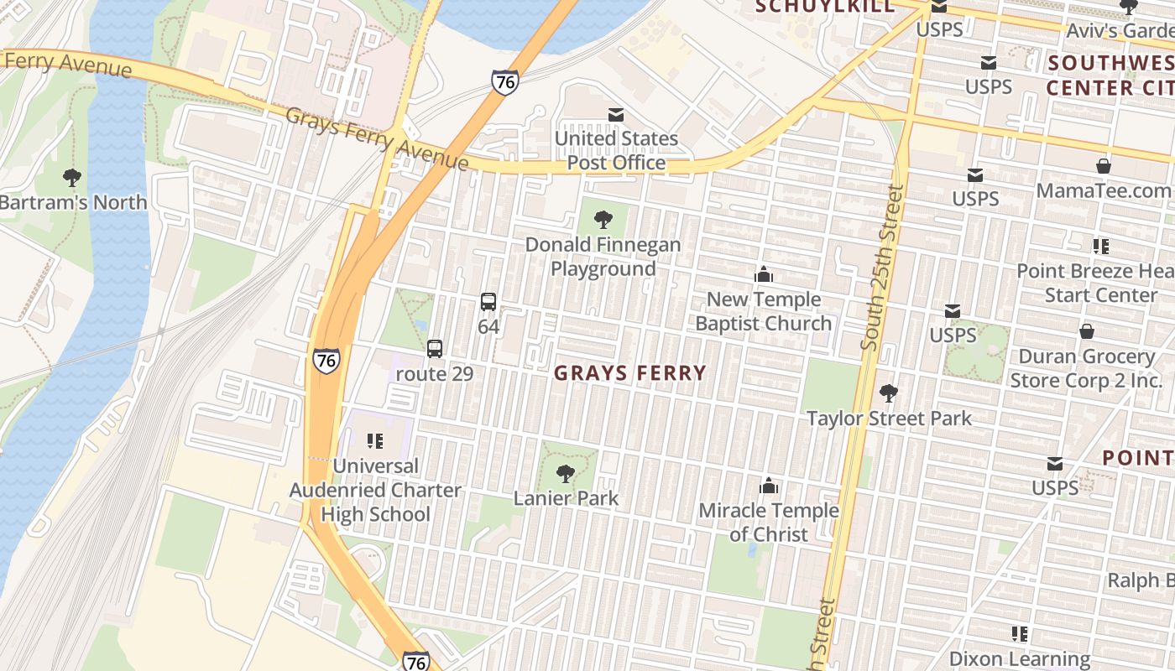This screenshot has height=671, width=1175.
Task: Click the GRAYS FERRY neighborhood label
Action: [x=630, y=373]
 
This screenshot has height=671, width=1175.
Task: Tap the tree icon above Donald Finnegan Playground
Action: [x=603, y=221]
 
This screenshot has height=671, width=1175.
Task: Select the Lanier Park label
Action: [x=566, y=497]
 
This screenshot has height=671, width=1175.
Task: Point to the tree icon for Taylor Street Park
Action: [x=888, y=393]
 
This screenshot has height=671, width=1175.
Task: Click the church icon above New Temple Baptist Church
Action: [x=763, y=275]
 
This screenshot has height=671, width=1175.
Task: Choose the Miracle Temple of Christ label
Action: [x=768, y=522]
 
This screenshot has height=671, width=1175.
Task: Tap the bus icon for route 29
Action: [x=434, y=349]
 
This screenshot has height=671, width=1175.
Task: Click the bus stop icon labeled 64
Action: [x=488, y=302]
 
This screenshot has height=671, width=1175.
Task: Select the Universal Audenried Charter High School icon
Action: [x=375, y=440]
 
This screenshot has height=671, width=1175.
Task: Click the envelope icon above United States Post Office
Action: [x=616, y=115]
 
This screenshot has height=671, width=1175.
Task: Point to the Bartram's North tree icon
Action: [x=72, y=178]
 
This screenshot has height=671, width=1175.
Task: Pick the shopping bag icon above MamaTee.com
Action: [x=1103, y=166]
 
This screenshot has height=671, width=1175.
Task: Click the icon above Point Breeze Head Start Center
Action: [x=1100, y=247]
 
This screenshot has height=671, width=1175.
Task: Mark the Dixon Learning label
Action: [x=1019, y=659]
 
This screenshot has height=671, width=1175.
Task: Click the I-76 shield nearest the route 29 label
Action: [x=326, y=360]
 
